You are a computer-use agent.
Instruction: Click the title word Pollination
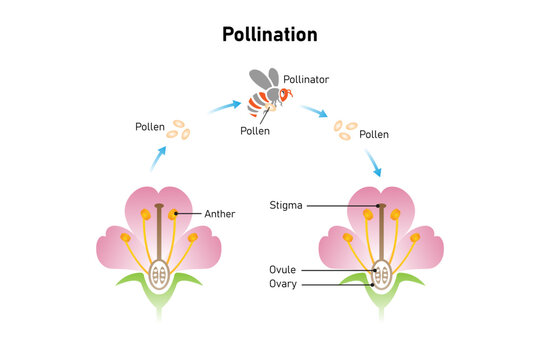tap(269, 35)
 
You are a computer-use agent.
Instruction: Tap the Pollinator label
tap(306, 78)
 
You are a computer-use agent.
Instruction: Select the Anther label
tap(220, 213)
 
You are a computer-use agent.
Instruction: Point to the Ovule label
tap(283, 270)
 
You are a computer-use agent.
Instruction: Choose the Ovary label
tap(283, 284)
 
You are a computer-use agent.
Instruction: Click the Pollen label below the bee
tap(255, 131)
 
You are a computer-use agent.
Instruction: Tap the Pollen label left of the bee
tap(151, 127)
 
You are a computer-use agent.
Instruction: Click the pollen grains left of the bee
tap(179, 130)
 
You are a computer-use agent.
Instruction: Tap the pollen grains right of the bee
tap(346, 130)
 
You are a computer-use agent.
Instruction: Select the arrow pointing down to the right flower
tap(374, 163)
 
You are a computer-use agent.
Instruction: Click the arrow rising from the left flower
tap(159, 157)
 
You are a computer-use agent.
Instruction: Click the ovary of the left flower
tap(158, 272)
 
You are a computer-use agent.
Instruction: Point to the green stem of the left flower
tap(158, 305)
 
